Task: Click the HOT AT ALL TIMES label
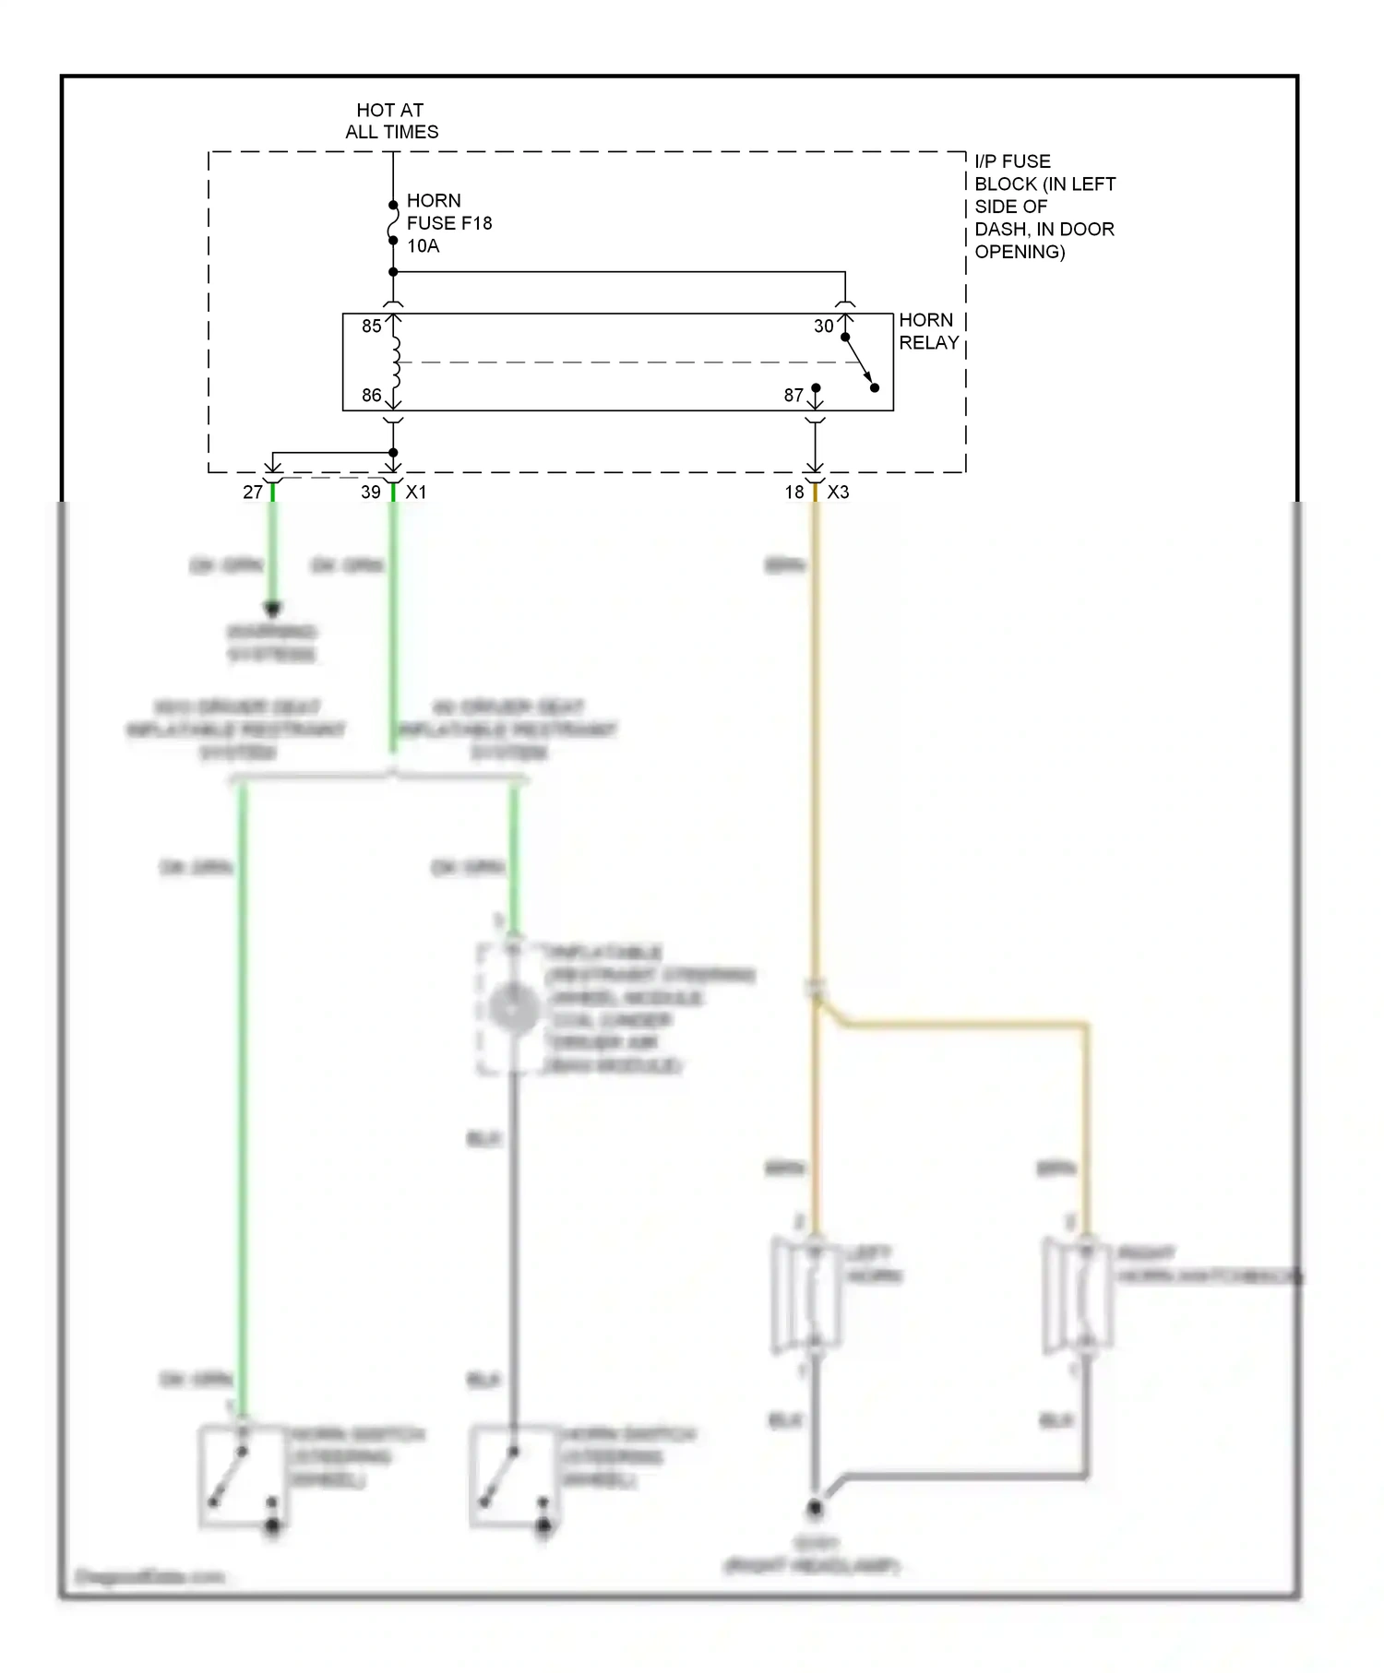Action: point(391,121)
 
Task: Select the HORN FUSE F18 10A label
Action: point(448,223)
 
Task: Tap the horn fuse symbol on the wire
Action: point(393,222)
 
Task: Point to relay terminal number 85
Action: point(371,326)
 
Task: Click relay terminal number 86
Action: point(371,396)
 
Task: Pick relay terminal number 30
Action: point(823,326)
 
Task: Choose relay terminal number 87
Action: point(793,396)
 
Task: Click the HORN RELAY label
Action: point(928,331)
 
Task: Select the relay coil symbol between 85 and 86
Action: point(396,362)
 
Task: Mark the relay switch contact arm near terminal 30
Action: point(859,362)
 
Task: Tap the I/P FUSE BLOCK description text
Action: point(1044,207)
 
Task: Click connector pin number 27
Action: point(253,492)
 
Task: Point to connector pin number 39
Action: point(370,492)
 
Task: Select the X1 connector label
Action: point(416,492)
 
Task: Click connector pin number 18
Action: point(794,492)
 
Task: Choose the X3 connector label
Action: point(838,492)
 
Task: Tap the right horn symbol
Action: point(1079,1295)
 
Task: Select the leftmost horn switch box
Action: point(243,1476)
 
